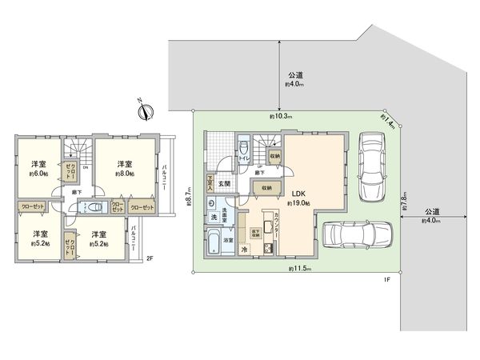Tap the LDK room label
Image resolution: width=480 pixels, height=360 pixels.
298,193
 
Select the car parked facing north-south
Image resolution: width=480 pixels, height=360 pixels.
372,167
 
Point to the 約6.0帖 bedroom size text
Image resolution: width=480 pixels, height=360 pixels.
39,173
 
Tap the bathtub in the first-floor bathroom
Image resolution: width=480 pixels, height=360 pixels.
215,242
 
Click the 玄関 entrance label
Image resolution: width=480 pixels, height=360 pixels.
224,183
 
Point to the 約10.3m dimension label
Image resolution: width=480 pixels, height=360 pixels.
282,117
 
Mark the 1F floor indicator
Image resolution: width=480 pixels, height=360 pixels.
386,278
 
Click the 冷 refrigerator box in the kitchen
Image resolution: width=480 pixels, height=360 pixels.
244,250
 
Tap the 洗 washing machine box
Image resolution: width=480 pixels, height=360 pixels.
214,218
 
